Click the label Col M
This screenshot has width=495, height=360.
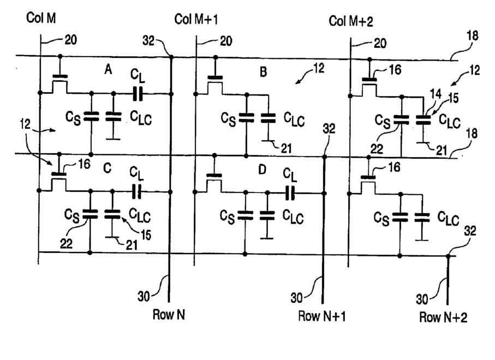point(41,18)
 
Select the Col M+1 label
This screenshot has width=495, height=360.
point(196,20)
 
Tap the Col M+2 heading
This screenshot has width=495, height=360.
point(351,21)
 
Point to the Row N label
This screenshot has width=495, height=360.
point(169,315)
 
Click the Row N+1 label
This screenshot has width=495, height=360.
point(321,316)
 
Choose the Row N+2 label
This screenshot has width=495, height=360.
point(443,317)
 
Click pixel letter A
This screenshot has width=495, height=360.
point(108,69)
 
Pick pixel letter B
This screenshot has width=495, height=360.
point(263,72)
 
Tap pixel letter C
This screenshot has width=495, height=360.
point(108,168)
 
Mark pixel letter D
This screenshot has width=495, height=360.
point(263,170)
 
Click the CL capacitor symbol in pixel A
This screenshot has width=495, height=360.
point(138,94)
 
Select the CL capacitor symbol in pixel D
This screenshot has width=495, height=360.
point(290,193)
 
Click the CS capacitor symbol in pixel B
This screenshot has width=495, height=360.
point(247,118)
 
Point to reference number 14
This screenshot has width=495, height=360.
point(436,94)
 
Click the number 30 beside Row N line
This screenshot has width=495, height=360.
point(144,296)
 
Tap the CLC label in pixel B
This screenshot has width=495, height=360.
point(294,119)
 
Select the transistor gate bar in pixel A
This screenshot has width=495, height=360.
point(60,76)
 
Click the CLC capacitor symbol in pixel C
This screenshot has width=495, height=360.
point(112,214)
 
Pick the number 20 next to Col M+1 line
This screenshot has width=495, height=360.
point(226,41)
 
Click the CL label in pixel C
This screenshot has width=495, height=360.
point(136,174)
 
